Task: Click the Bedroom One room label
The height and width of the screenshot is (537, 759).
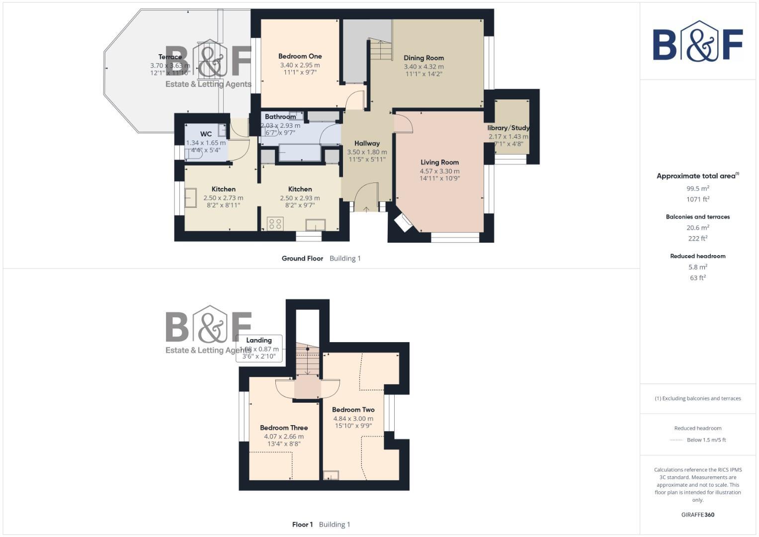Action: [x=300, y=57]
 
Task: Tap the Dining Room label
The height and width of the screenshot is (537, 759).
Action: [x=423, y=58]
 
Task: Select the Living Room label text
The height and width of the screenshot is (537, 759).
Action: [x=439, y=163]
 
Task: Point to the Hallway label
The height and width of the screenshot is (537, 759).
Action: [x=367, y=144]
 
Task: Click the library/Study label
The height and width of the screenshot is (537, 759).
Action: [x=508, y=128]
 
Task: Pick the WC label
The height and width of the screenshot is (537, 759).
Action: [x=206, y=134]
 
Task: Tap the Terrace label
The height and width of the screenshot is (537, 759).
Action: [x=170, y=57]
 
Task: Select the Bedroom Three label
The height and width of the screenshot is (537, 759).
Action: [x=284, y=428]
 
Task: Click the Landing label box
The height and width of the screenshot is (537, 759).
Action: [x=259, y=348]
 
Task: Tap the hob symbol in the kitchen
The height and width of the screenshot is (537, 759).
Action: [x=275, y=224]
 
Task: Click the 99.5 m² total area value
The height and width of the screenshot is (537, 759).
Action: [x=697, y=188]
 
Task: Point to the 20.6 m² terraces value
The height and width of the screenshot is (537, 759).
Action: [x=697, y=228]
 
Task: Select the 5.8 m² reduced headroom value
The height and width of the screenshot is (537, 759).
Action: [x=697, y=267]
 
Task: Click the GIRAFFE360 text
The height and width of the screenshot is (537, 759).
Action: [x=697, y=515]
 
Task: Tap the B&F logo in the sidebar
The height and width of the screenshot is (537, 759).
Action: [x=697, y=42]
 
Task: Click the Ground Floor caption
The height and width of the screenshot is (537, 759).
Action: [x=302, y=259]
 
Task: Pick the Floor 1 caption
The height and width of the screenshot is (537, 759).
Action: [x=302, y=525]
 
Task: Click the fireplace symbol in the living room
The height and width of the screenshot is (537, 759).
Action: [x=403, y=222]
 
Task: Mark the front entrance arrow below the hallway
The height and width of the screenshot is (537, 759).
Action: [x=366, y=209]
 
